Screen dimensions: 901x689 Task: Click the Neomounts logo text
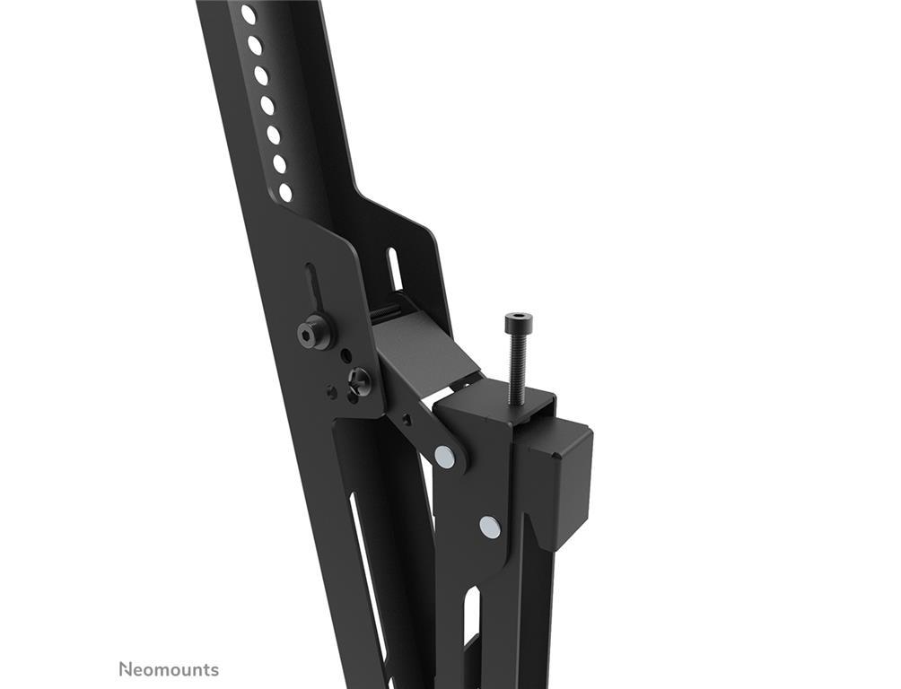coord(169,669)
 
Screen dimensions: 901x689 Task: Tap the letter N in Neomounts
coord(125,669)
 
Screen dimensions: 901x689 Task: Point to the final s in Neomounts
coord(214,671)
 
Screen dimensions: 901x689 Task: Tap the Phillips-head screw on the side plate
coord(360,380)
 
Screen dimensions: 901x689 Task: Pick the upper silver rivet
coord(444,457)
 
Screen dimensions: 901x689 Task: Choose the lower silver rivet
coord(488,526)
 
